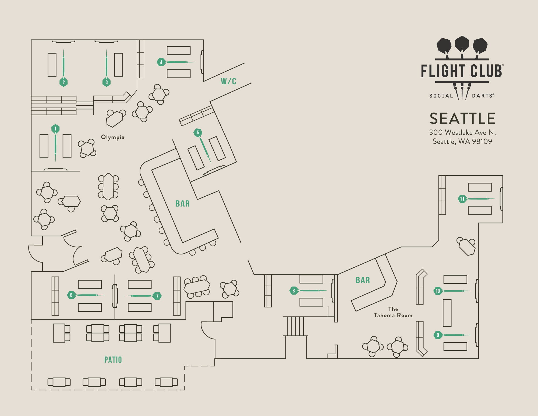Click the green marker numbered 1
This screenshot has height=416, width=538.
[x=55, y=129]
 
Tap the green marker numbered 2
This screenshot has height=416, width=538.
[x=63, y=82]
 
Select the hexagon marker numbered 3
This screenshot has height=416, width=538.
[x=107, y=82]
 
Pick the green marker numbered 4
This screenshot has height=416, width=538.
[x=161, y=62]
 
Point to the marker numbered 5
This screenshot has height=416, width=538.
[x=198, y=132]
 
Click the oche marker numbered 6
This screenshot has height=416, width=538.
[x=71, y=295]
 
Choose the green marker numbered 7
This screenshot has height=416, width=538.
[x=157, y=296]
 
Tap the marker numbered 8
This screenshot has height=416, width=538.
[x=293, y=291]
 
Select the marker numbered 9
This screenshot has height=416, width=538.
[x=438, y=335]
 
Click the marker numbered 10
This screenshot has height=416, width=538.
[x=438, y=291]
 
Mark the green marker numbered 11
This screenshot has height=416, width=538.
[x=462, y=199]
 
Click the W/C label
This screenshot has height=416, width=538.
[x=228, y=81]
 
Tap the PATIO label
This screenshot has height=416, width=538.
[x=113, y=360]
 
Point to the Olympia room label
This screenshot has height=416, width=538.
[x=113, y=137]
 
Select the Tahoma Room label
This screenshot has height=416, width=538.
[x=393, y=312]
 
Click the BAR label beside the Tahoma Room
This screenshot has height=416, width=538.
[x=363, y=280]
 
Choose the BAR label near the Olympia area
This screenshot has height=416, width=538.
[x=183, y=204]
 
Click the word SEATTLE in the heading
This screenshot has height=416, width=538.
[x=462, y=119]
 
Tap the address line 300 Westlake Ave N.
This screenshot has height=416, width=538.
[x=462, y=132]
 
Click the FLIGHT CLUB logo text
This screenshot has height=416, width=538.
[x=462, y=71]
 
